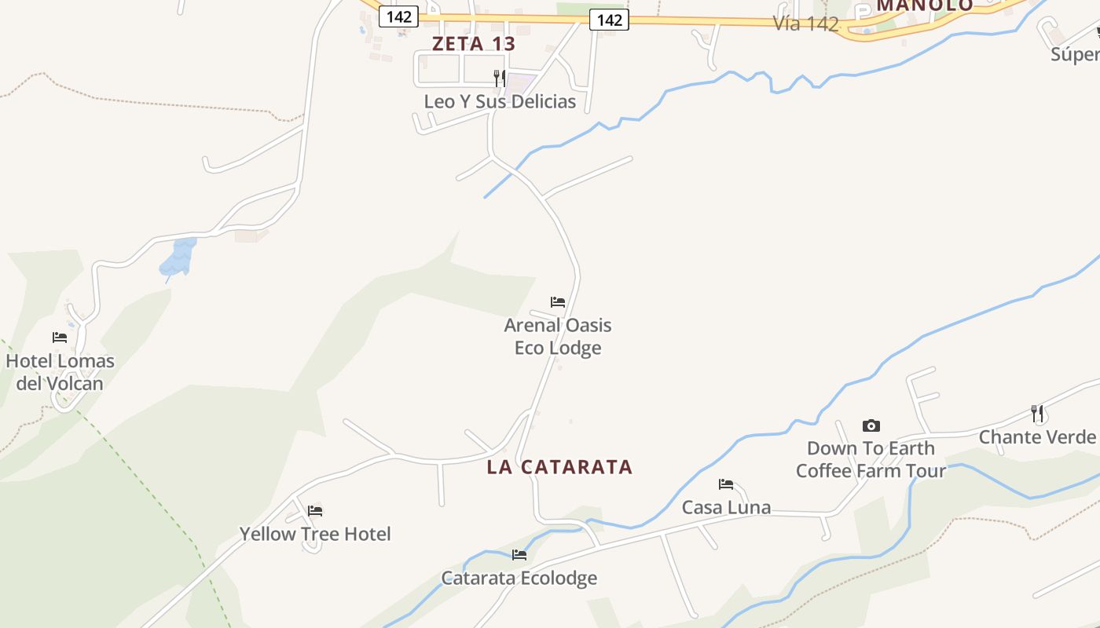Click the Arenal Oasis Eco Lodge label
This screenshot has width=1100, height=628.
coord(558,336)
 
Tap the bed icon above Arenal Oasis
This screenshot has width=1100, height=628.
coord(558,301)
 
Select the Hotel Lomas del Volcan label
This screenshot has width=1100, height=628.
coord(60,372)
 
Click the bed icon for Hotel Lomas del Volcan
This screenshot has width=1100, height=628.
coord(60,338)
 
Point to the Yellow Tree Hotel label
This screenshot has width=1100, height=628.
coord(315,534)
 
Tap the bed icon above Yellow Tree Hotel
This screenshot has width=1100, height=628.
coord(315,510)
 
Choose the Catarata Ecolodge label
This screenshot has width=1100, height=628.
coord(519,578)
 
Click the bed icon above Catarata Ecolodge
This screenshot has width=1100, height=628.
coord(519,554)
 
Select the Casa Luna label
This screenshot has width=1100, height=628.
coord(726,507)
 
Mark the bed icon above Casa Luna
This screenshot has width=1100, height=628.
coord(726,484)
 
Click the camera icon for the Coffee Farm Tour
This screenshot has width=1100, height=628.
coord(871,425)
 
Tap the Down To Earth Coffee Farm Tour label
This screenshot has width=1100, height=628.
coord(871,459)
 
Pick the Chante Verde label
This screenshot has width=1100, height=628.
coord(1037,437)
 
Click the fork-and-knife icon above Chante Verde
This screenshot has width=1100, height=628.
coord(1037,413)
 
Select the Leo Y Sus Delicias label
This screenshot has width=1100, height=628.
coord(500,101)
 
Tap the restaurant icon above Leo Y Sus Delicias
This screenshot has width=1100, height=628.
coord(499,78)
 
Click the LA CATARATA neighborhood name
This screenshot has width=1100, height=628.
coord(559,467)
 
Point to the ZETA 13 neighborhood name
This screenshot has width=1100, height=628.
coord(474,44)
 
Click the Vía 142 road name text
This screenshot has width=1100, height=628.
coord(805,24)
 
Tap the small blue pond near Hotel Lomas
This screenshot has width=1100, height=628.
coord(179,257)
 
